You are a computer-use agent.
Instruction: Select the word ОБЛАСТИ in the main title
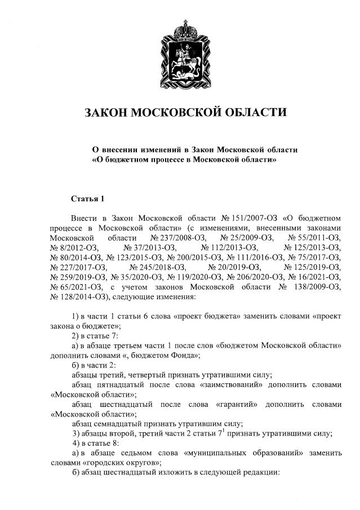(x=257, y=112)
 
